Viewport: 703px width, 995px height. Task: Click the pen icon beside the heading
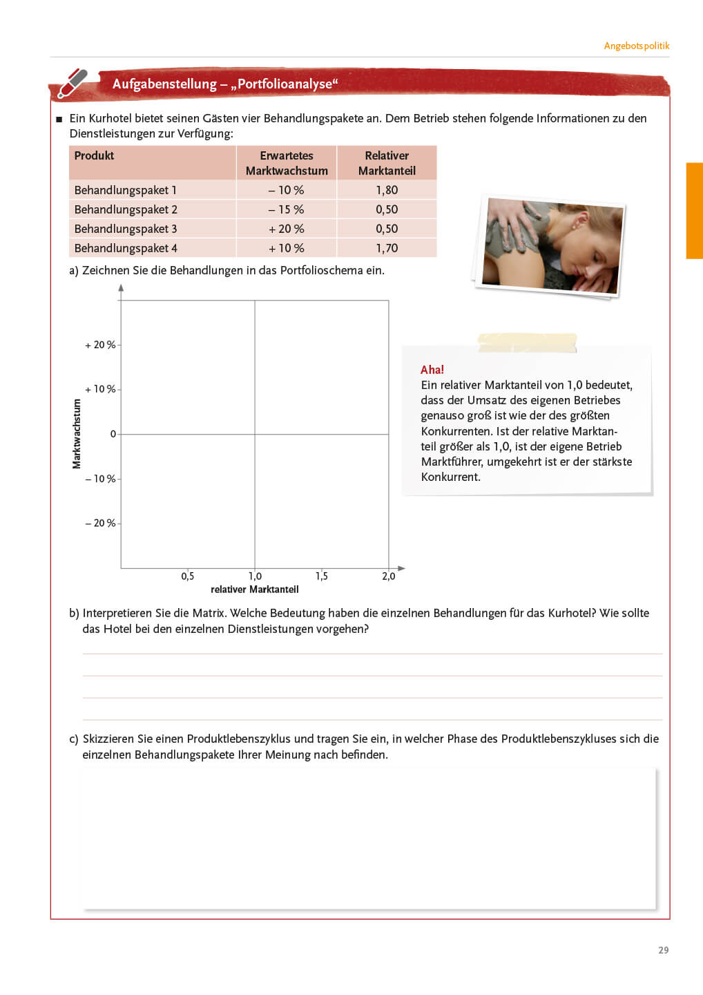73,83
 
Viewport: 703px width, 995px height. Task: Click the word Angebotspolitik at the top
636,46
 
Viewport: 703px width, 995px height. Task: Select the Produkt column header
95,155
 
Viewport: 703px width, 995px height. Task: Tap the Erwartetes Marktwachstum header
287,163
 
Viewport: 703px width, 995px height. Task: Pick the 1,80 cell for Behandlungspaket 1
387,190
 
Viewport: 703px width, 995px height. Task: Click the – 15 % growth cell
287,209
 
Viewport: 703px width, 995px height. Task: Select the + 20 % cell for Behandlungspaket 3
287,229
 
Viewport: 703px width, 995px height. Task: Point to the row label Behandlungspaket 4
126,248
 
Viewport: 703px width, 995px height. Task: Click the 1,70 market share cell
387,248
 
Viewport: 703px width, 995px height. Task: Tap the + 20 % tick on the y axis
101,345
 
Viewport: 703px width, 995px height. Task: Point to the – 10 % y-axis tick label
101,479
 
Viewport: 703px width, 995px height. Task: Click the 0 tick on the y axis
113,434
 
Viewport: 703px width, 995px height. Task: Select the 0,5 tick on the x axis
188,576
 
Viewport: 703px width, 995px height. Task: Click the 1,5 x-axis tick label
322,576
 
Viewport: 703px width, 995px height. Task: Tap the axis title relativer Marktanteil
255,589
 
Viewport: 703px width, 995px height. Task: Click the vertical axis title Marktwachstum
77,434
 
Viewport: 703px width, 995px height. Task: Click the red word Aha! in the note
432,370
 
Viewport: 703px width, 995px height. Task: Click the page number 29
663,950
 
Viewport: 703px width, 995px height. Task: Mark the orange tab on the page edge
694,211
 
